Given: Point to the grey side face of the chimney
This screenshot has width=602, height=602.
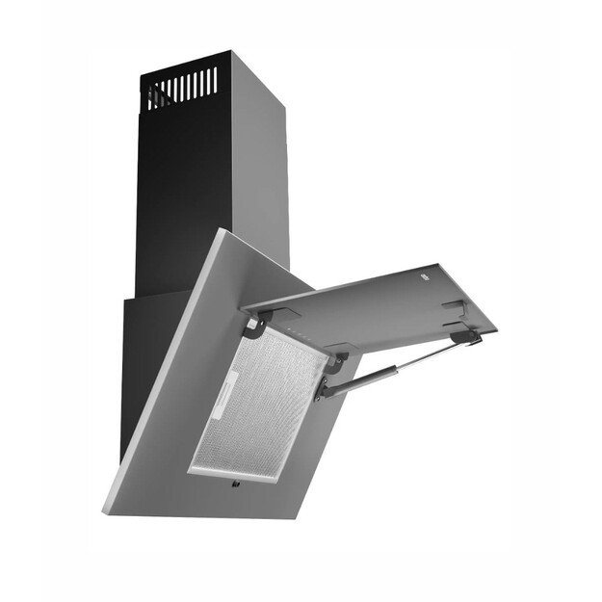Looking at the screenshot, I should [260, 164].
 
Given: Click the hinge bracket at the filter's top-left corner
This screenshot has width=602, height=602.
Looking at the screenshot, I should [251, 327].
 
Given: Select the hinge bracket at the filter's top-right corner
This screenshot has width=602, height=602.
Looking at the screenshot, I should [338, 364].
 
